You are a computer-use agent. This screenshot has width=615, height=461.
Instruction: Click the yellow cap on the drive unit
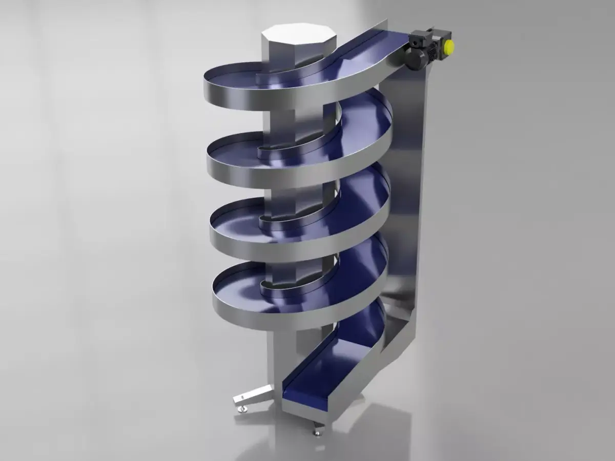click(448, 47)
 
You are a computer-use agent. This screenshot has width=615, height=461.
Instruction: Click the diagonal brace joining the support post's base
click(395, 328)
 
